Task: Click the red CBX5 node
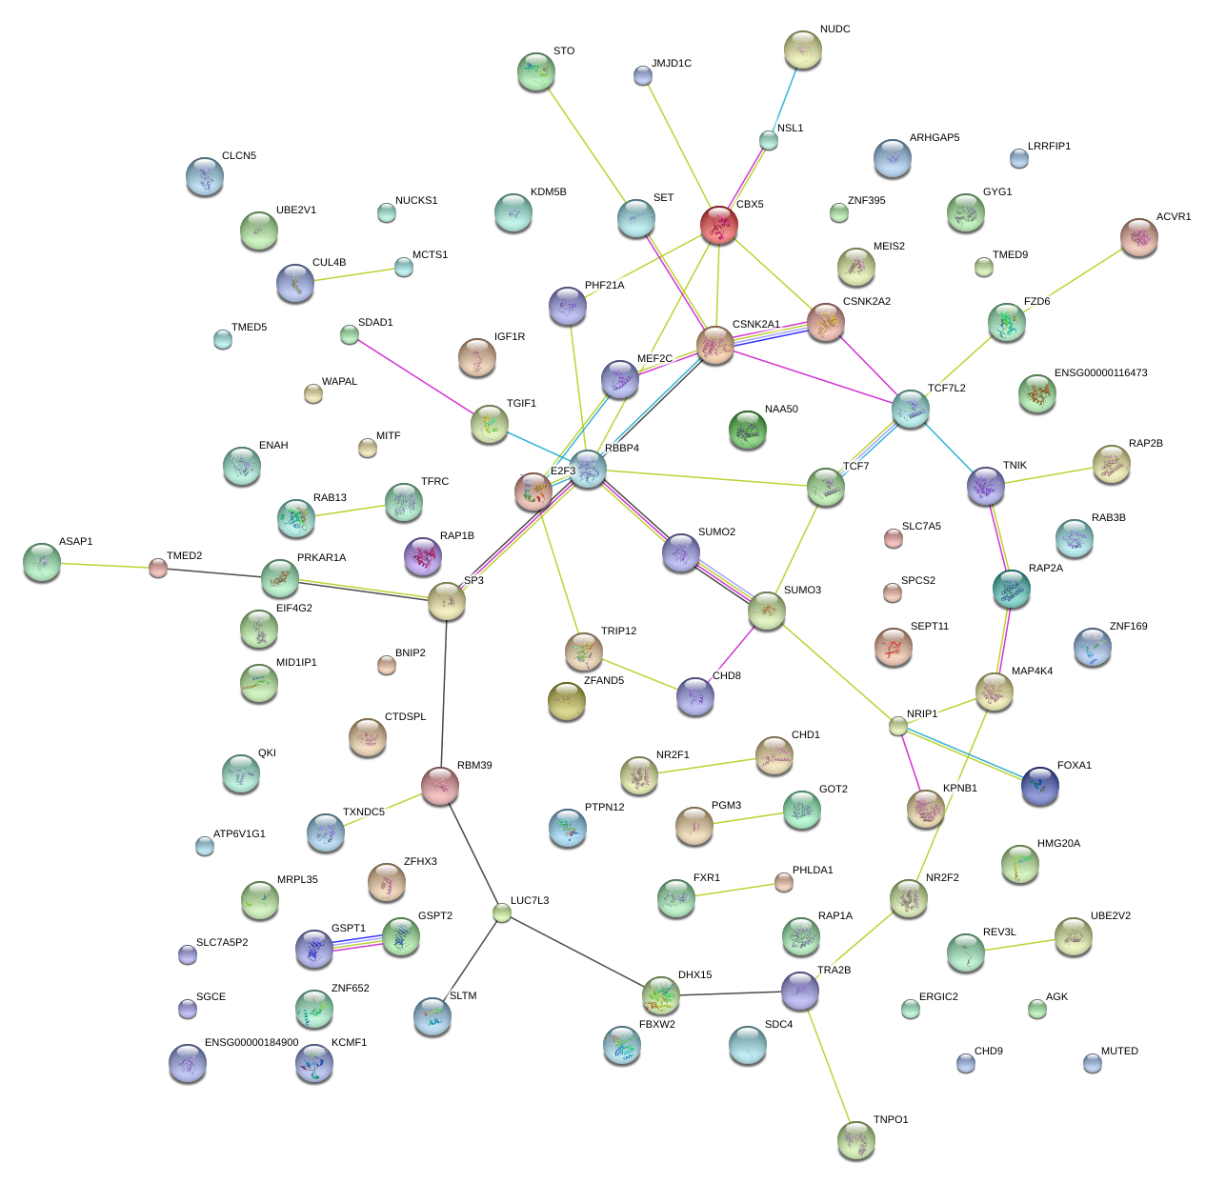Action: (718, 225)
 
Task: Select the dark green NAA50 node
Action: (747, 430)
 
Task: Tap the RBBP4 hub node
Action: (589, 468)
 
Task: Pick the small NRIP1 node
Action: (897, 726)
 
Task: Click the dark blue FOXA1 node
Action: (1039, 786)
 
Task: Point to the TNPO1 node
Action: (855, 1139)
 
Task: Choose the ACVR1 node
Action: (1138, 237)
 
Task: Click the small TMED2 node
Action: (158, 569)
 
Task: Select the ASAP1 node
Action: (41, 562)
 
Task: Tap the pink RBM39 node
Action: (440, 786)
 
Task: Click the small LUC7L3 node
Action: (502, 913)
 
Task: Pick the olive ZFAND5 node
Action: (567, 701)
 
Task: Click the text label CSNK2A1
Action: (755, 325)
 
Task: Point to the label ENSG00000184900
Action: (251, 1043)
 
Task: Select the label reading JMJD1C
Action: (672, 64)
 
